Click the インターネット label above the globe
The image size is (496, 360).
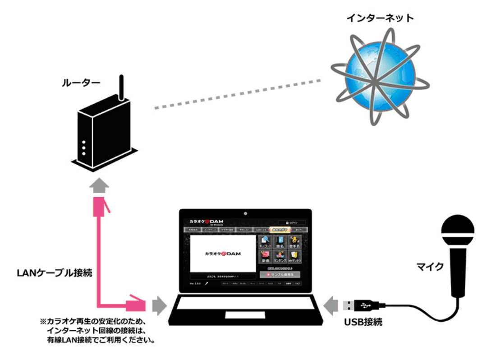380,18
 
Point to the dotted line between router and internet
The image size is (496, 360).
237,95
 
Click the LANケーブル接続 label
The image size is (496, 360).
55,272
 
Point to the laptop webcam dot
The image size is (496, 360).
246,212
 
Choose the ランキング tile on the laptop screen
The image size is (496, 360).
280,257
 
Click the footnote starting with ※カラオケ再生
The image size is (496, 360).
97,331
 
